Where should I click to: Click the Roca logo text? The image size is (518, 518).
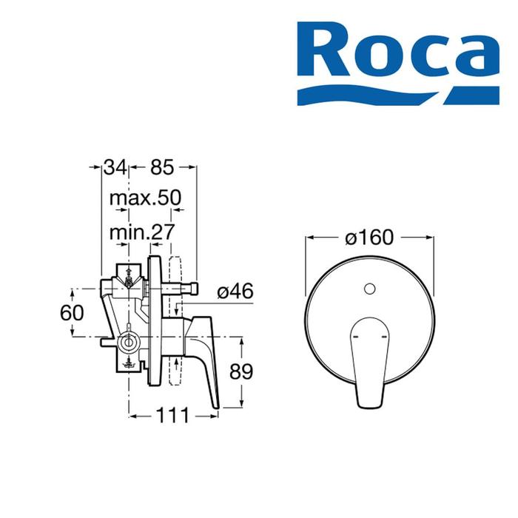(398, 49)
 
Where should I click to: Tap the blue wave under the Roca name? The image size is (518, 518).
(398, 95)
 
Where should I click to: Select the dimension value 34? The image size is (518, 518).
(115, 166)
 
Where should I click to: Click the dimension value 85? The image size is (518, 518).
(162, 166)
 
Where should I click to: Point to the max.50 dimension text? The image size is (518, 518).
(145, 198)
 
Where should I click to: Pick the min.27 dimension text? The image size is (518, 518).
(142, 232)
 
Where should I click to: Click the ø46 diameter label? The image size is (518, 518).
(235, 291)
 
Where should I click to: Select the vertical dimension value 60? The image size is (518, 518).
(72, 312)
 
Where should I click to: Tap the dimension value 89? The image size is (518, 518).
(241, 371)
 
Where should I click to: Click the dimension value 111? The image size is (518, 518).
(172, 415)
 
